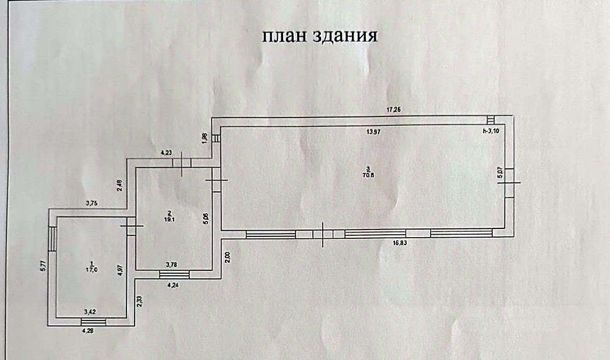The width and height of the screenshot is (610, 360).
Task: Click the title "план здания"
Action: pos(320,36)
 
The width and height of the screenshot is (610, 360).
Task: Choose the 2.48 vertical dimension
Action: pos(119,185)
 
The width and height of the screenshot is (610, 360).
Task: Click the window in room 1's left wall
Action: pos(52,239)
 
